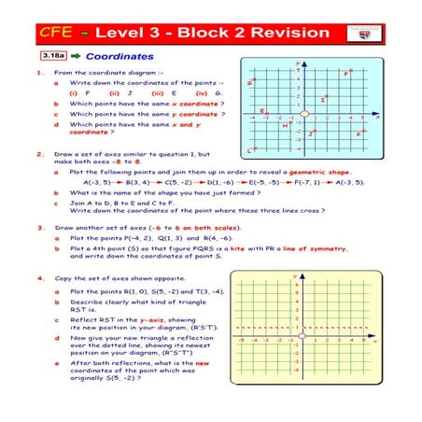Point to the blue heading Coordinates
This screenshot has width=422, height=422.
(x=120, y=57)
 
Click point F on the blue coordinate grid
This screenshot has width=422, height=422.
(x=347, y=74)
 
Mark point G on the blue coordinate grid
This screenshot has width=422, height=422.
(x=252, y=83)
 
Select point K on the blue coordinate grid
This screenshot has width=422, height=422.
(x=359, y=134)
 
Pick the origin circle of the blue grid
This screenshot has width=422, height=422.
(x=303, y=115)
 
